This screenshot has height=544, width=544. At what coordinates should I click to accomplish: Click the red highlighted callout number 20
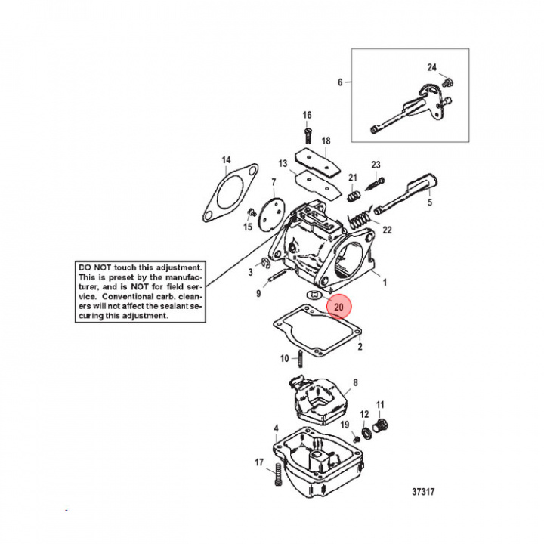pyautogui.click(x=338, y=308)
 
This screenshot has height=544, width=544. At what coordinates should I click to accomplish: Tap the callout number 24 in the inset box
pyautogui.click(x=431, y=67)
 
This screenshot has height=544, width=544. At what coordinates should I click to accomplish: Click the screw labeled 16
pyautogui.click(x=308, y=136)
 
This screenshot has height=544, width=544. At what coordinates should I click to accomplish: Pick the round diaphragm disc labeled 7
pyautogui.click(x=267, y=211)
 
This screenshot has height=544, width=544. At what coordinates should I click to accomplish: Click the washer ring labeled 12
pyautogui.click(x=367, y=433)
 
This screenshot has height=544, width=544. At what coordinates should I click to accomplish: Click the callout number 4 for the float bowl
pyautogui.click(x=276, y=428)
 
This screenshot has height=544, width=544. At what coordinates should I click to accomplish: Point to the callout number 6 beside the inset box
pyautogui.click(x=339, y=81)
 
